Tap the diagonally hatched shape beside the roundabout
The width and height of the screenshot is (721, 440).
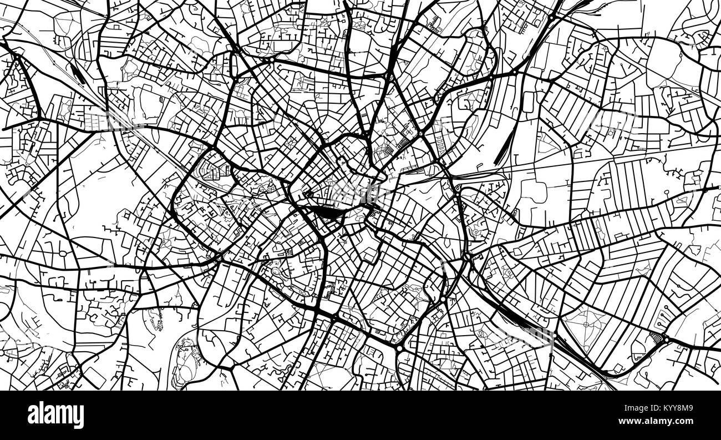pyautogui.click(x=657, y=337)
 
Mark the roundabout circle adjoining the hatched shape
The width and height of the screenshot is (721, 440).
pyautogui.click(x=666, y=339)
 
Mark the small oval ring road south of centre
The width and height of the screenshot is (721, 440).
pyautogui.click(x=276, y=272)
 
